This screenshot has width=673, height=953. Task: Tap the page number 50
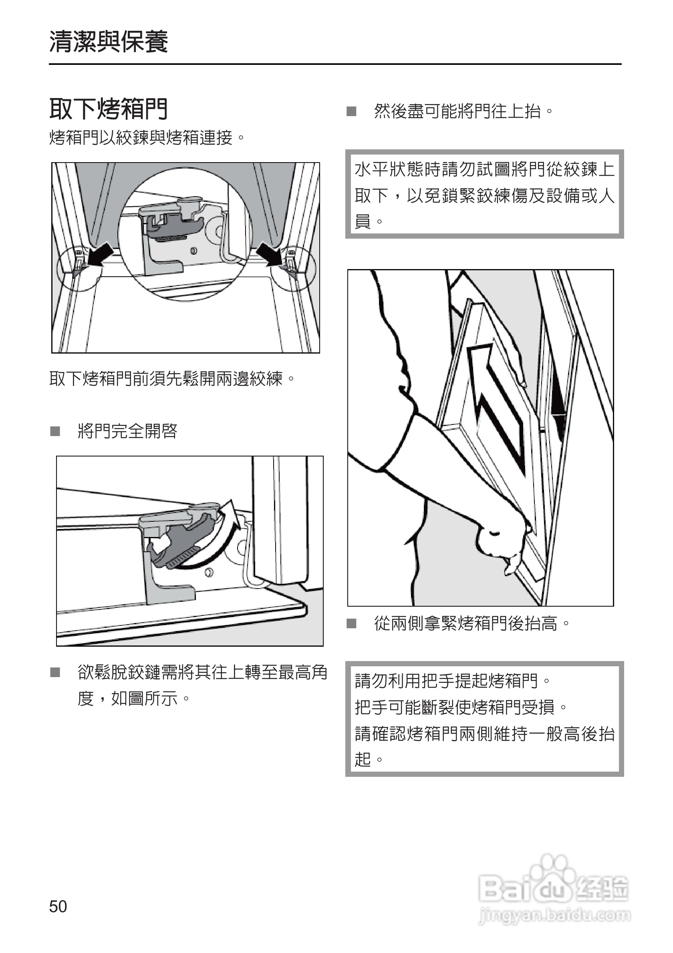coord(58,906)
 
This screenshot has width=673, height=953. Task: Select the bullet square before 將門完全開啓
coord(55,431)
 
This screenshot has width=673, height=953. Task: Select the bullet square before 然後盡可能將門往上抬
coord(351,111)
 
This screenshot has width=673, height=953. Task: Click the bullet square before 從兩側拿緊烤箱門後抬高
coord(351,623)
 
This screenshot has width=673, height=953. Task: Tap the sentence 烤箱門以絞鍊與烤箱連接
coord(147,137)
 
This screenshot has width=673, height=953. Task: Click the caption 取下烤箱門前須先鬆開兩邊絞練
coord(172,378)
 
